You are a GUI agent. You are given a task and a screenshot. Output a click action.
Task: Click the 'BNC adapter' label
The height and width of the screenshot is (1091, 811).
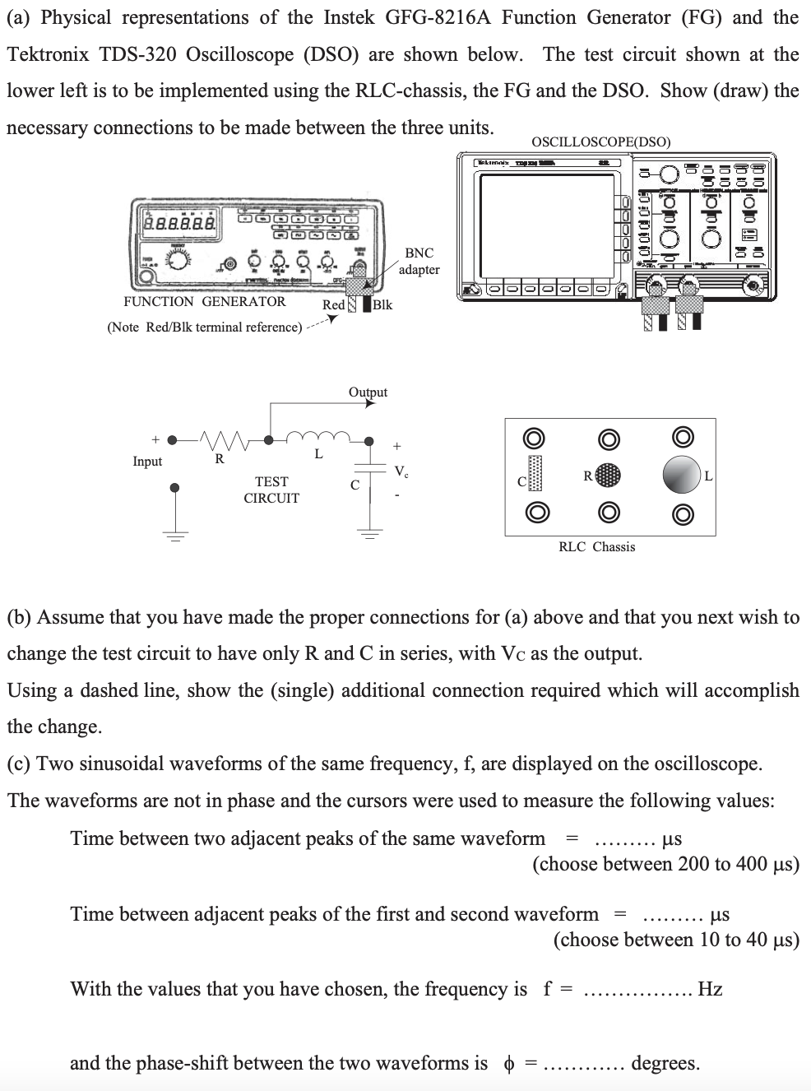[x=419, y=261]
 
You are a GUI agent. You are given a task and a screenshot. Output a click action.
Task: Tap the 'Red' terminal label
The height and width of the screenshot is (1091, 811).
[x=333, y=304]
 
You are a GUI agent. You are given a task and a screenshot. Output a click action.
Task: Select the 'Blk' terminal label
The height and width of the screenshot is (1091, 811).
[x=382, y=304]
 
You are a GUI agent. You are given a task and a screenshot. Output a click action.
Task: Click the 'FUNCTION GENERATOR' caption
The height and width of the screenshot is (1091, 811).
[x=205, y=301]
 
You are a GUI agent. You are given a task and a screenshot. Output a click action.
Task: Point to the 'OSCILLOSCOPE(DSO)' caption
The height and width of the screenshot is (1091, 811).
[x=600, y=142]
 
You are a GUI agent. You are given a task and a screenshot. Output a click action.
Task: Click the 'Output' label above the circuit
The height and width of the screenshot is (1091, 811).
[x=368, y=392]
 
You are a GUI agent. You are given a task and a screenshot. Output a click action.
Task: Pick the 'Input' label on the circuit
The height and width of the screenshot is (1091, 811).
[x=147, y=462]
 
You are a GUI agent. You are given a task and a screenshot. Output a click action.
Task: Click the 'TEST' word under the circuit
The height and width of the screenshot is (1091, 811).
[x=271, y=481]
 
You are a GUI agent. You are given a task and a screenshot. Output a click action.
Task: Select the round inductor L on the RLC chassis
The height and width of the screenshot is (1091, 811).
[x=682, y=475]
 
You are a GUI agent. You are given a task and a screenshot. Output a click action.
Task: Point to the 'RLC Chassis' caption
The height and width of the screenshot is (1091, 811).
[x=596, y=546]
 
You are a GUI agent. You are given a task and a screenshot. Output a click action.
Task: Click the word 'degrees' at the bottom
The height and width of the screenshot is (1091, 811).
[x=665, y=1063]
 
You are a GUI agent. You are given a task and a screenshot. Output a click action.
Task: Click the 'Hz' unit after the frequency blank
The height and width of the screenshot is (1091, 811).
[x=710, y=989]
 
